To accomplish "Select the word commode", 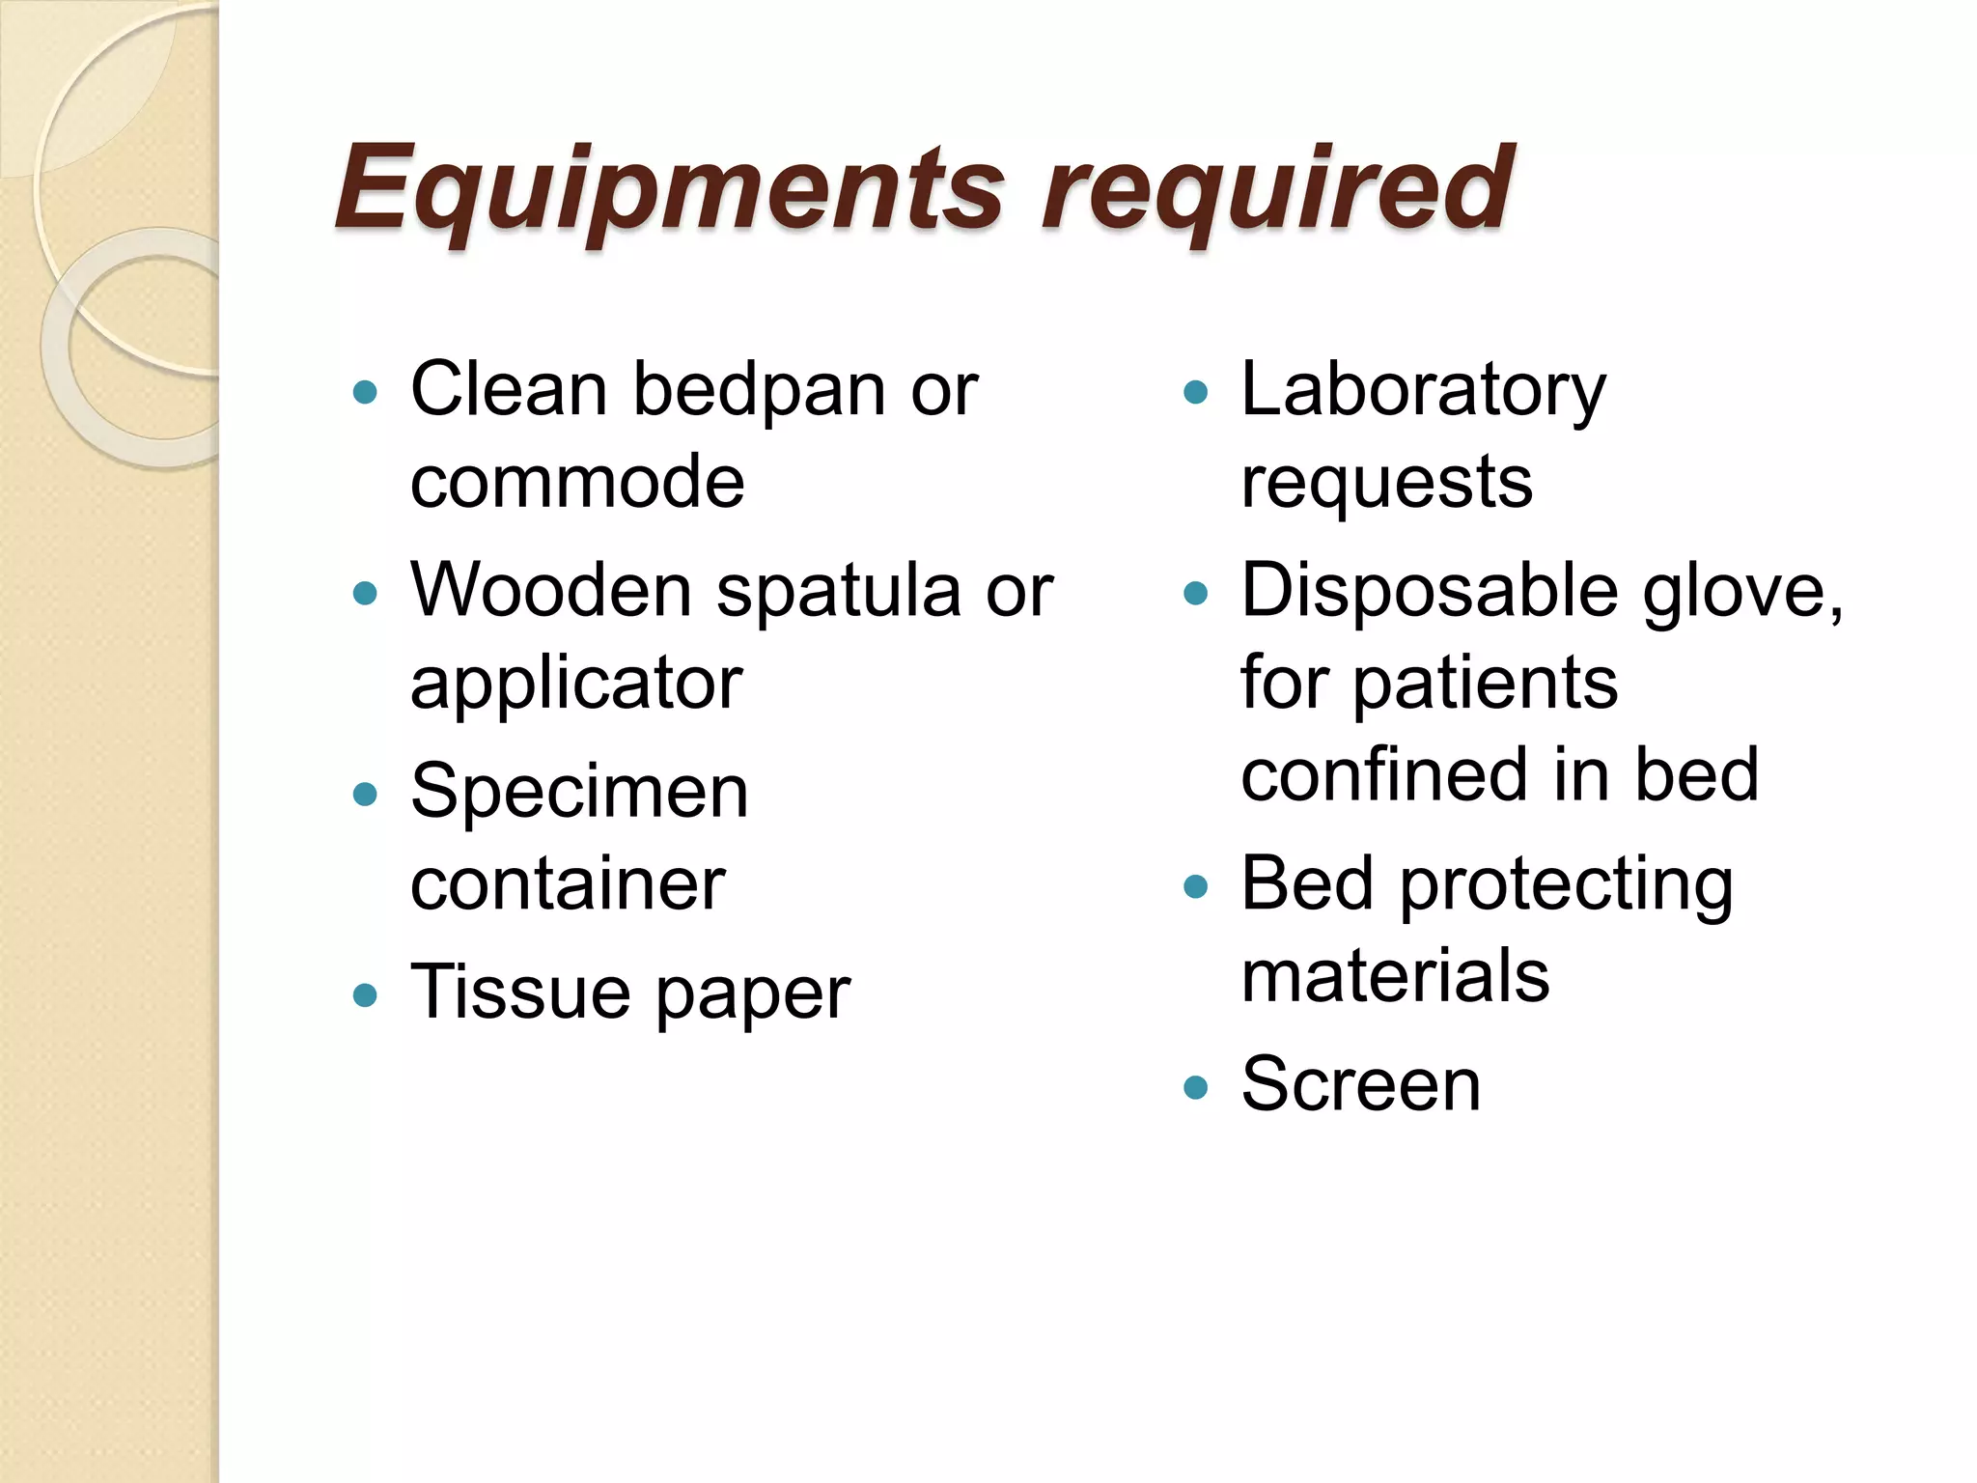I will coord(577,482).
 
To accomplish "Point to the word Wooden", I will coord(551,590).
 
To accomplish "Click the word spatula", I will coord(839,590).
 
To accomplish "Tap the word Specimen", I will coord(579,792).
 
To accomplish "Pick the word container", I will coord(568,883).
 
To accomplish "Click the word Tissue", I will coord(520,992).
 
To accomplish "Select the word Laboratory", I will coord(1423,391).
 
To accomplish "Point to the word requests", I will coord(1386,482).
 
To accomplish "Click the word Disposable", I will coord(1429,590).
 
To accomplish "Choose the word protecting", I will coord(1566,885).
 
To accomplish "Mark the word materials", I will coord(1395,976).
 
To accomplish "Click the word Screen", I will coord(1360,1084).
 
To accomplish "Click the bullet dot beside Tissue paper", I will coord(365,994).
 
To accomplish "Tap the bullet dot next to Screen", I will coord(1195,1087).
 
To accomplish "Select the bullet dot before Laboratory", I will coord(1195,392).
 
